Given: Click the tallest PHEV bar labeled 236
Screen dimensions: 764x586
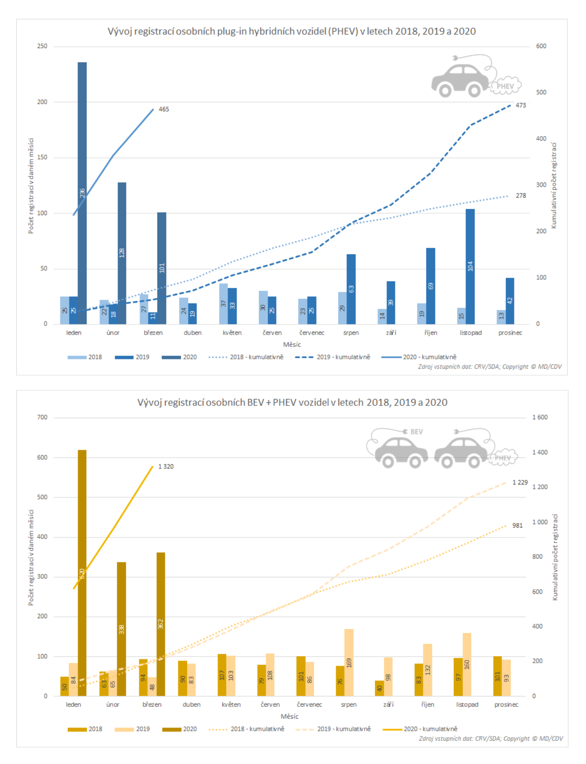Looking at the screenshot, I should [82, 193].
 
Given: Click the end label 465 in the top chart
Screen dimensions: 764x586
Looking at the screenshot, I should [164, 109].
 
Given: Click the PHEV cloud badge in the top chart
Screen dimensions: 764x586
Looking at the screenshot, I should [505, 86].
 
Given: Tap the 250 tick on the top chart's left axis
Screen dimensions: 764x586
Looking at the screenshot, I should [42, 46].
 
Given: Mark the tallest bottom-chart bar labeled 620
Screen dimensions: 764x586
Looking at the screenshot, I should [82, 573].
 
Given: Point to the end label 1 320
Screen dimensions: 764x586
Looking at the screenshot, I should [166, 467].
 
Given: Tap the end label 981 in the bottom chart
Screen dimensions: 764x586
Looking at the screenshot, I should [517, 525].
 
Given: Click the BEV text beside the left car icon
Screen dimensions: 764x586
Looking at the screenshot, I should [417, 432].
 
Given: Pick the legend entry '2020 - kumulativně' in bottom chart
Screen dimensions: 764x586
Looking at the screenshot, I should [420, 729].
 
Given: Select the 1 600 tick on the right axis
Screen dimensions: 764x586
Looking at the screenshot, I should [540, 417].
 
